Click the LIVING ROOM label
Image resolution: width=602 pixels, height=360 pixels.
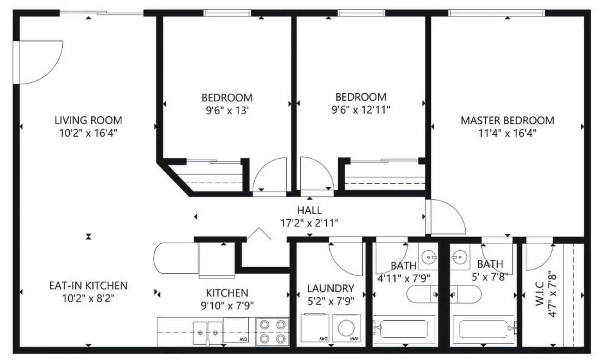coord(88,120)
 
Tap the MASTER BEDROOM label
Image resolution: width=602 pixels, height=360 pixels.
coord(508,120)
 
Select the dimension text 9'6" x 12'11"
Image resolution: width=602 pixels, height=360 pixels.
coord(361,110)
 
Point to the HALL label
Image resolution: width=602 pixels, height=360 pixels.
coord(309,210)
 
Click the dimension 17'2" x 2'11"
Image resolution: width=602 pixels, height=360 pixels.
coord(309,223)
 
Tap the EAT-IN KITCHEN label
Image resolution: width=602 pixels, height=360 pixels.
coord(88,285)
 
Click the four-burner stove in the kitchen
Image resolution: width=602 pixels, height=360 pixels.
coord(273,332)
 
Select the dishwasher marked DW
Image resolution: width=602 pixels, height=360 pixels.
coord(236,330)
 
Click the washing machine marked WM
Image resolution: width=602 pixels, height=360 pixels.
coord(346,328)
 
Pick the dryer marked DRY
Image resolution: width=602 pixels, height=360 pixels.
coord(315,328)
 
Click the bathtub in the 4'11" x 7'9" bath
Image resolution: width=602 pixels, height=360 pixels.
coord(404,329)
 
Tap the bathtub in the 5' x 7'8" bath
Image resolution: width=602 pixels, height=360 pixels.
coord(483,329)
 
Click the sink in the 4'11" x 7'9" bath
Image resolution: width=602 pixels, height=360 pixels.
coord(428,257)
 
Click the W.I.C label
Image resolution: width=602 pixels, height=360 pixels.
coord(540,294)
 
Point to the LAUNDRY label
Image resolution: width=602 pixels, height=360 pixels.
coord(331,289)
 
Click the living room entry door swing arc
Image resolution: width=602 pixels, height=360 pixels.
coord(49,73)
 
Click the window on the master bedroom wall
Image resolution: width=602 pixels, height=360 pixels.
coord(497,13)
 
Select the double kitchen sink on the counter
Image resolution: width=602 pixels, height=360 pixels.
coord(208,333)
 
